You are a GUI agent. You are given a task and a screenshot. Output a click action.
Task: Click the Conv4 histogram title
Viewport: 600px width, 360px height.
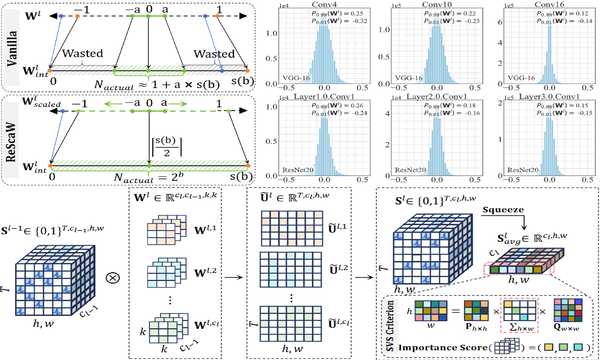click(324, 4)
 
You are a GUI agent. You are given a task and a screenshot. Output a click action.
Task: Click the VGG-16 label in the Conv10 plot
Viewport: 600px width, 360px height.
click(409, 78)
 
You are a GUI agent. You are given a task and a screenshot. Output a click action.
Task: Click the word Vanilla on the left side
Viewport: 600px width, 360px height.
click(12, 48)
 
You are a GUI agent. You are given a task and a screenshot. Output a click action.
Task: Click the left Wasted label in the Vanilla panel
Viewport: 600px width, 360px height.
click(83, 53)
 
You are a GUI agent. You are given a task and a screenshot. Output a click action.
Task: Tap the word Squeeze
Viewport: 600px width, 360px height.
click(503, 210)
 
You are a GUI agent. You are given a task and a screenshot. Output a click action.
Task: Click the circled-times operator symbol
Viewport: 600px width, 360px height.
click(113, 278)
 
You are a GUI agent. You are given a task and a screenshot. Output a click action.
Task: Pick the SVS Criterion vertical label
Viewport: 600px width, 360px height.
click(390, 325)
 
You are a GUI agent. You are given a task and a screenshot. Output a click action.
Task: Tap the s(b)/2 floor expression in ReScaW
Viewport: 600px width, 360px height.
click(167, 146)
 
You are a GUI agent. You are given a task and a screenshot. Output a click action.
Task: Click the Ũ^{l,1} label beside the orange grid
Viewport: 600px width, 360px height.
click(338, 228)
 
